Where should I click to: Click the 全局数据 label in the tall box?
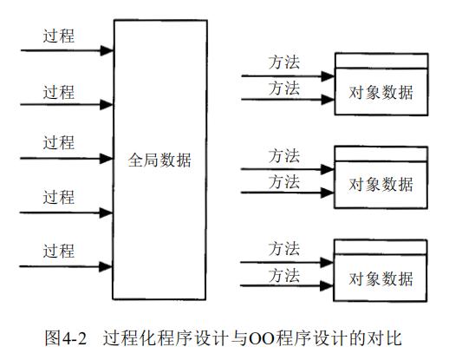(160, 161)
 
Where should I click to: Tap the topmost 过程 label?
(60, 36)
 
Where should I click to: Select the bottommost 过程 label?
(60, 252)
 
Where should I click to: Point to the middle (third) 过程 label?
(60, 144)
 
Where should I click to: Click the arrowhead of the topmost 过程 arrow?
(107, 50)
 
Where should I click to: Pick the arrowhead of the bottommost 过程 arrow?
(107, 265)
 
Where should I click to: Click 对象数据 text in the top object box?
(381, 91)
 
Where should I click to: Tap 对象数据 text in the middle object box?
(381, 185)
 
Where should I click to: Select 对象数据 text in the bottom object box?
(381, 278)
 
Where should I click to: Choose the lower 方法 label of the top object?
(283, 88)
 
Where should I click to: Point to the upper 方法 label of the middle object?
(283, 156)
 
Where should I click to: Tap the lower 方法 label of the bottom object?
(283, 275)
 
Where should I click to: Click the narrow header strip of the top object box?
(381, 61)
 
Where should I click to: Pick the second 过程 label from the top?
(60, 90)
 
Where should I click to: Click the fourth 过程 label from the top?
(60, 198)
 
